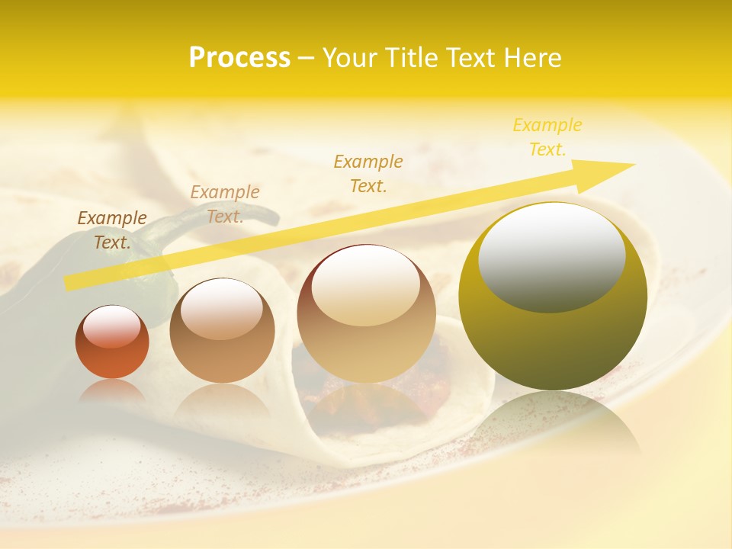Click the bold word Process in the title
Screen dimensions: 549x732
pyautogui.click(x=239, y=58)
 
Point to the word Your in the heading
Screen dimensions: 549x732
pyautogui.click(x=351, y=58)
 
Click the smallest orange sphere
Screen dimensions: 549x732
pyautogui.click(x=112, y=342)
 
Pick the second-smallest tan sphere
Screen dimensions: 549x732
pyautogui.click(x=222, y=330)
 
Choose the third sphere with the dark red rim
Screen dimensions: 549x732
pyautogui.click(x=366, y=313)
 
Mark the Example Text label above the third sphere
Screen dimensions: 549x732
pyautogui.click(x=368, y=173)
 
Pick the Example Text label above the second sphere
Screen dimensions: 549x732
pyautogui.click(x=225, y=204)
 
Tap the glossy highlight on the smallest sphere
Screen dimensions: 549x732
pyautogui.click(x=111, y=326)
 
